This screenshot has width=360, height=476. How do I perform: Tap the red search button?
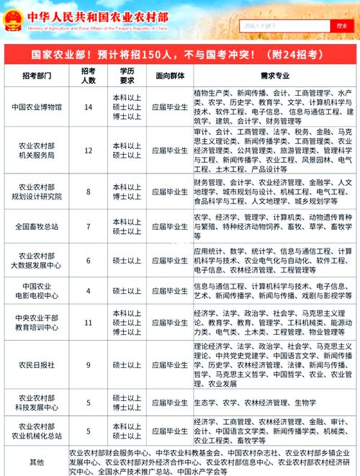point(341,25)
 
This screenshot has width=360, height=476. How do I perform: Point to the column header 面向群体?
point(170,76)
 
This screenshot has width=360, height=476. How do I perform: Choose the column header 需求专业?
point(274,76)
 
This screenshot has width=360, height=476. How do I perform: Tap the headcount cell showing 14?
point(89,107)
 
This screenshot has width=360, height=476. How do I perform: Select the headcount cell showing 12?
point(89,151)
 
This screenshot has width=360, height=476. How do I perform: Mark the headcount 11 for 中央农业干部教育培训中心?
point(89,323)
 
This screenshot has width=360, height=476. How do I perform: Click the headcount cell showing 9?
point(89,365)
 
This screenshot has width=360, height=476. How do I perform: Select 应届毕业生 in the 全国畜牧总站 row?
point(170,227)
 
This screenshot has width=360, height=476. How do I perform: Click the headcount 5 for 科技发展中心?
point(89,403)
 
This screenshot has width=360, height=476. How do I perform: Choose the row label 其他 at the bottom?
point(36,462)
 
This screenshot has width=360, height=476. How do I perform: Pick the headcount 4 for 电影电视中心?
point(89,290)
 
